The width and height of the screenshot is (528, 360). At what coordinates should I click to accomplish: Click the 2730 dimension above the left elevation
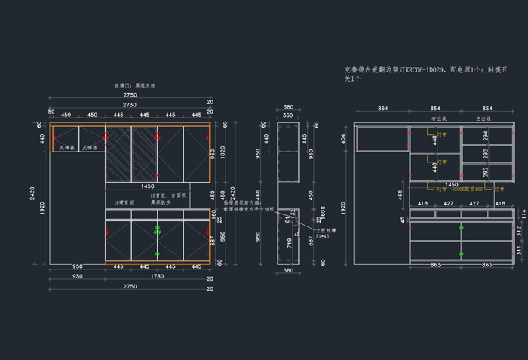point(130,105)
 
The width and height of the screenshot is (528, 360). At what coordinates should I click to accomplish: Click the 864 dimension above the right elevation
point(382,109)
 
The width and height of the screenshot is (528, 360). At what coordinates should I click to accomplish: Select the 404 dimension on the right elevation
point(343,140)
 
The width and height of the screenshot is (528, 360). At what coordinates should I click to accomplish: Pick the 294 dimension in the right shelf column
point(485,135)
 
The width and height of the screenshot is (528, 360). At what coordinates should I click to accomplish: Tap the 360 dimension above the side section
point(287,115)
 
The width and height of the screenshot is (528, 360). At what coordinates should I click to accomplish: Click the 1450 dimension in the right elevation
point(451,183)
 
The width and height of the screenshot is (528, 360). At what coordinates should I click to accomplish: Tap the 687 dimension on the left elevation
point(213,238)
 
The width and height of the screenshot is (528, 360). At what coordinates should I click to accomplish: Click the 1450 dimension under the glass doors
point(147,185)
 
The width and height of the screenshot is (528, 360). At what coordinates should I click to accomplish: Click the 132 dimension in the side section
point(293,214)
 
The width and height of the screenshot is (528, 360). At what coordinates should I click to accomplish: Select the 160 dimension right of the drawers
point(213,214)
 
